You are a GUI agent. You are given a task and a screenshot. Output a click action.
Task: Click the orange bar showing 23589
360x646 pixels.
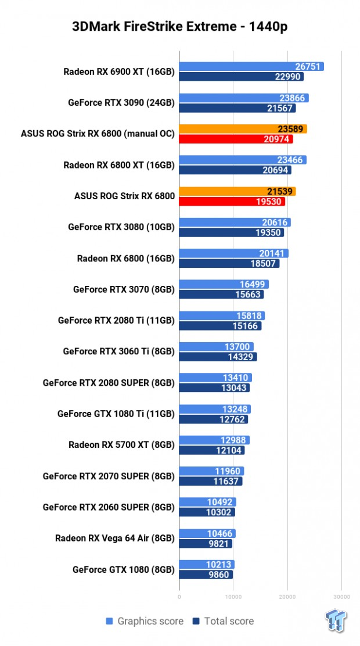coord(243,129)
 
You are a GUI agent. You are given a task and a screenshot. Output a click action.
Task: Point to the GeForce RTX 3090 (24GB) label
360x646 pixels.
coord(121,103)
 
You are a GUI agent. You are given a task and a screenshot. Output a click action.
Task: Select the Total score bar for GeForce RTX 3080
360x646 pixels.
coord(231,232)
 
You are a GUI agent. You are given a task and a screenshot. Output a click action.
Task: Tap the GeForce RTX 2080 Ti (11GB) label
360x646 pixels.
coord(116,320)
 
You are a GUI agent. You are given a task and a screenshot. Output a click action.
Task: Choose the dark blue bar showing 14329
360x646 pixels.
coord(218,357)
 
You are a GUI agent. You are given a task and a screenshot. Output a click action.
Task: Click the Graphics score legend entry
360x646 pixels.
coord(145,621)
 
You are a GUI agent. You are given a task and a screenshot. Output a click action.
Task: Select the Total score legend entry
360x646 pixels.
coord(224,621)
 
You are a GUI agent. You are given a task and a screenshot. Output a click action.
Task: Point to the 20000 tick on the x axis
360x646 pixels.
coord(287,596)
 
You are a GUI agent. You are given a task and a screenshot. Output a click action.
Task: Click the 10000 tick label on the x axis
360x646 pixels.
coord(233,596)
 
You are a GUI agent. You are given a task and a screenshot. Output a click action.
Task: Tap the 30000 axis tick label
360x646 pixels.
coord(341,596)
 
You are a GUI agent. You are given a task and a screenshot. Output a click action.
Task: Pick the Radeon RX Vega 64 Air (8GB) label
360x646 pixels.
coord(114,538)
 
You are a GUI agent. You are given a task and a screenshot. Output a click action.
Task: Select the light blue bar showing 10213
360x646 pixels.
coord(207,565)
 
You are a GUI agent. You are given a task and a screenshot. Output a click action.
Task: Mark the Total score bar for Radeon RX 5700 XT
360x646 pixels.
coord(212,450)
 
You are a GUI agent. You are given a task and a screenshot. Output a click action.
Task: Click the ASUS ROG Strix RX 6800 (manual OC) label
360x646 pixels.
coord(98,134)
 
